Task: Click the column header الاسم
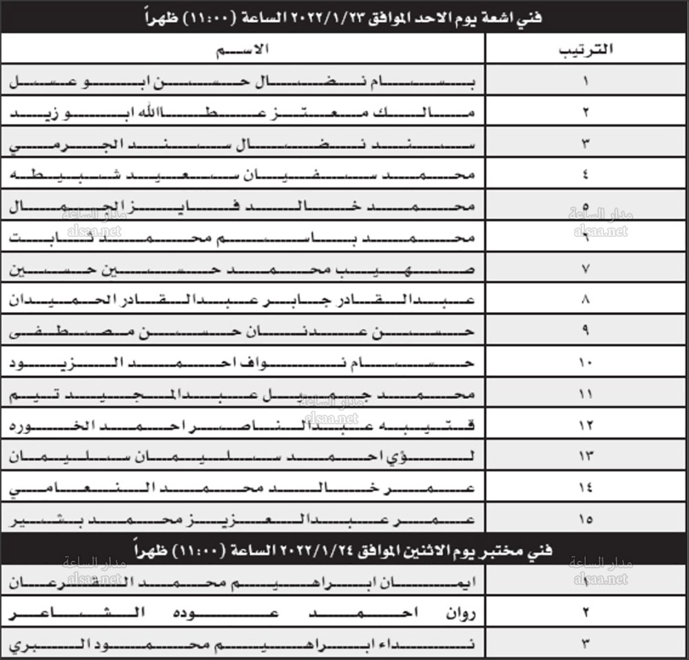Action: [x=243, y=50]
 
